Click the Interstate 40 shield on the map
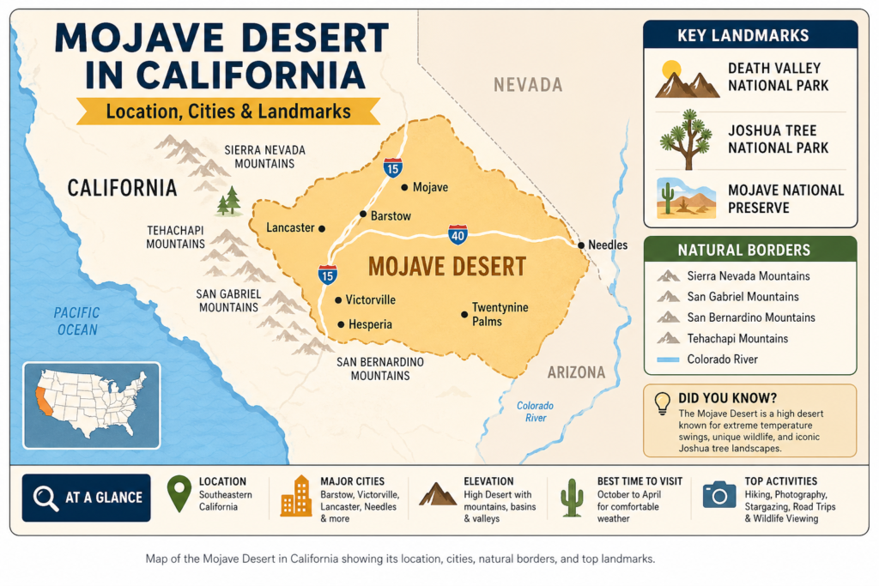(x=458, y=234)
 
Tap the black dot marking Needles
(x=581, y=245)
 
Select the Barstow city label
(x=391, y=215)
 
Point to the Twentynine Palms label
(x=500, y=314)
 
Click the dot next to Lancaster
(x=322, y=229)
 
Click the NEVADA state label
(x=527, y=85)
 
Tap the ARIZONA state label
(x=576, y=372)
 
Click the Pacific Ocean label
(x=76, y=321)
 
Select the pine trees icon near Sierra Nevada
(x=228, y=202)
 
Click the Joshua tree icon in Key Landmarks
(x=685, y=139)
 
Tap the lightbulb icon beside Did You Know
(x=663, y=402)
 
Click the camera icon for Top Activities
(x=719, y=494)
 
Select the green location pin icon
(x=179, y=494)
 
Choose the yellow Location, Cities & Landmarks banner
(x=227, y=112)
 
